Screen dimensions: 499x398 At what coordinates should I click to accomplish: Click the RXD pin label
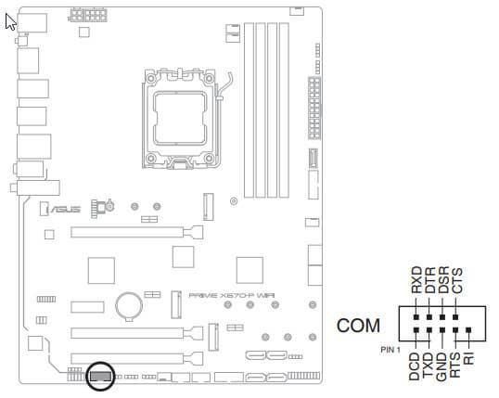(x=416, y=280)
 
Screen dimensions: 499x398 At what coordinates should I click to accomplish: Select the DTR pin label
(x=430, y=280)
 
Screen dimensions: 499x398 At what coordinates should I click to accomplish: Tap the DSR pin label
(x=443, y=280)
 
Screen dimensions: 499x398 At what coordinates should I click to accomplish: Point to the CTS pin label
(x=457, y=280)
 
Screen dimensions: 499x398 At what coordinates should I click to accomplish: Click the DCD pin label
(x=415, y=366)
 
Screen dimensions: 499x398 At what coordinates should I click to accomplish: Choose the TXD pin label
(x=428, y=366)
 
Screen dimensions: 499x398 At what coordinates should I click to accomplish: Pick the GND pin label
(x=441, y=366)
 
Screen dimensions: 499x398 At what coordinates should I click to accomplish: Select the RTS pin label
(x=455, y=365)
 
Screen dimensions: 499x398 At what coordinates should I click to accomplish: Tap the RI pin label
(x=469, y=358)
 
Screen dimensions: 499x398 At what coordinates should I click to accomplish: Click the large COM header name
(x=358, y=326)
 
